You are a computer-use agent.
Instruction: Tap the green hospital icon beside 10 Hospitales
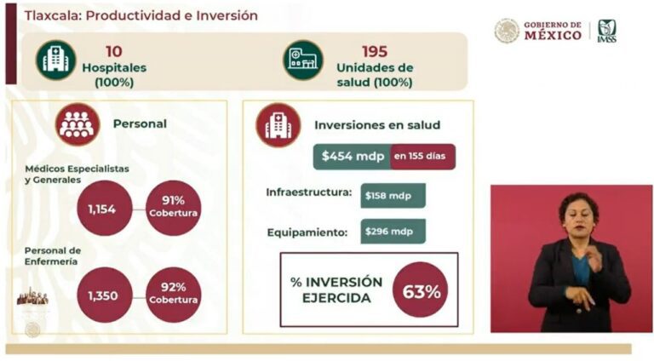pyautogui.click(x=56, y=60)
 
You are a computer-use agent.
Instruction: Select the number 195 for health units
pyautogui.click(x=374, y=51)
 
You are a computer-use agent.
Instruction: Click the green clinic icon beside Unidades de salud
pyautogui.click(x=303, y=60)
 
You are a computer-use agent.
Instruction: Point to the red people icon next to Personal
pyautogui.click(x=77, y=124)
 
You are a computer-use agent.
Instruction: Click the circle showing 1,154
pyautogui.click(x=105, y=209)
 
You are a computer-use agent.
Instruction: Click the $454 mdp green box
pyautogui.click(x=351, y=157)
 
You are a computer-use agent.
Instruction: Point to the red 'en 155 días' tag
pyautogui.click(x=422, y=157)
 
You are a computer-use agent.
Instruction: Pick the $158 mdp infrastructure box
pyautogui.click(x=392, y=195)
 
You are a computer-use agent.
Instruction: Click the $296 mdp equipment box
pyautogui.click(x=392, y=232)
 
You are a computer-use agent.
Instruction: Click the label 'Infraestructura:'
pyautogui.click(x=308, y=194)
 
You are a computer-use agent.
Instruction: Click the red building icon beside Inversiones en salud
pyautogui.click(x=278, y=125)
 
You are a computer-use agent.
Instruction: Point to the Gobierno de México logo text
pyautogui.click(x=552, y=31)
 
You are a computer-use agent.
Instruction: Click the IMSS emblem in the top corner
pyautogui.click(x=606, y=31)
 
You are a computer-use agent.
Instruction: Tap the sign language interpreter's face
pyautogui.click(x=577, y=216)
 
